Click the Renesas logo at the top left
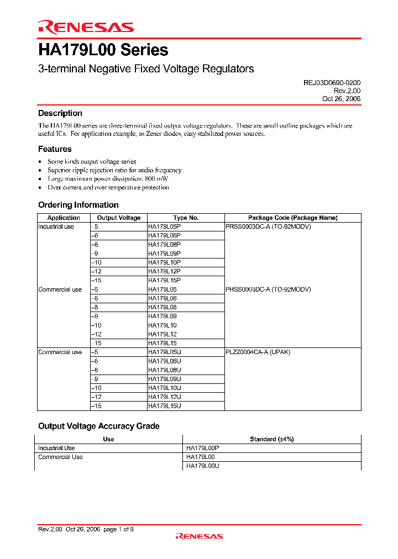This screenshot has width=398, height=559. click(86, 27)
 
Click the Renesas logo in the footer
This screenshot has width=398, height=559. click(199, 536)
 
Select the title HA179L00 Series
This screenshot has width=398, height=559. click(103, 50)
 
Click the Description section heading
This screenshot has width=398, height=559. click(60, 113)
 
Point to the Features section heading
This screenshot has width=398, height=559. click(55, 149)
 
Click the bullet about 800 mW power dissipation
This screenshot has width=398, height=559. click(108, 179)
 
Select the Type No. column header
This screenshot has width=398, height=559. click(186, 218)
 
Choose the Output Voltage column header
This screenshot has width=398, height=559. click(119, 218)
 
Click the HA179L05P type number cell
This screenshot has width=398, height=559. click(164, 226)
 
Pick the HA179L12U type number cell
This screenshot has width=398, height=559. click(164, 397)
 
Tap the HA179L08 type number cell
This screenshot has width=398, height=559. click(162, 307)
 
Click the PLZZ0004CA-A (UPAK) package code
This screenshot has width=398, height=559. click(258, 352)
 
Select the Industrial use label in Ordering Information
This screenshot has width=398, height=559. click(56, 226)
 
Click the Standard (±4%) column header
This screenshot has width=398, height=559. click(271, 439)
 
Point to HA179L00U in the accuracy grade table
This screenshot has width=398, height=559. click(203, 466)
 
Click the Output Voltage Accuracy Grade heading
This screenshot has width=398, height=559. click(98, 426)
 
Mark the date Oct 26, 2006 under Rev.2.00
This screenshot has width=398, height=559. click(341, 98)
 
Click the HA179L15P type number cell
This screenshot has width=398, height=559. click(164, 280)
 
